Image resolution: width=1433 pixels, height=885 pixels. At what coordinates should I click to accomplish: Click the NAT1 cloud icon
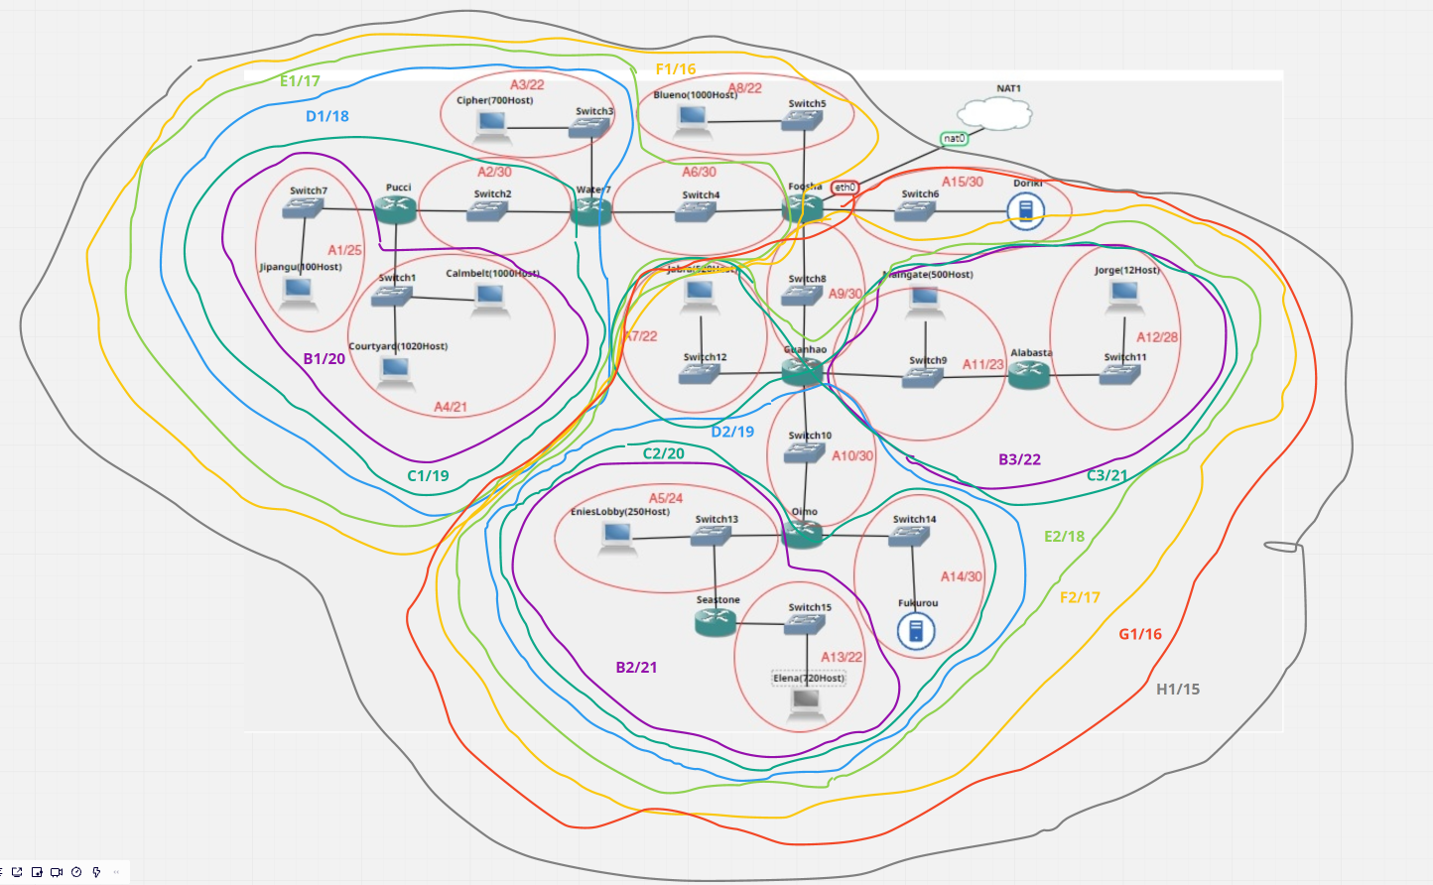995,114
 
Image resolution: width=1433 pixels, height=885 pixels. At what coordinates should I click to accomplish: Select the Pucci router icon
396,208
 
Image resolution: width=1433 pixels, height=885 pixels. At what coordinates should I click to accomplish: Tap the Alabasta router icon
1029,374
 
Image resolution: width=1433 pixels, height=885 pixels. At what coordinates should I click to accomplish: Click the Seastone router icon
716,622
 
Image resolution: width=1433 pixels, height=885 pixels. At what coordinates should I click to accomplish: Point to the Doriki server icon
1025,210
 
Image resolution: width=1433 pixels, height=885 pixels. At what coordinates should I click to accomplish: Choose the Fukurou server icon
916,630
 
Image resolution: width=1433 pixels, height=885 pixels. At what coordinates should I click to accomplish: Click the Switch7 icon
302,207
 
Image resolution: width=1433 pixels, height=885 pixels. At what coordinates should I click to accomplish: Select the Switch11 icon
1120,374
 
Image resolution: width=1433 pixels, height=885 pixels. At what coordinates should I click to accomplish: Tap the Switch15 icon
805,625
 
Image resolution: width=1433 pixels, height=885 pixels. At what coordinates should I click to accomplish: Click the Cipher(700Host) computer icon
491,125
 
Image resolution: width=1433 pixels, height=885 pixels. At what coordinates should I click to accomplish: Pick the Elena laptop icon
806,701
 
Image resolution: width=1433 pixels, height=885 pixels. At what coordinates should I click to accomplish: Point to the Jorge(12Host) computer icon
1124,293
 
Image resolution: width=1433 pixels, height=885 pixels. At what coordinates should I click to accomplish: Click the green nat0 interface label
954,139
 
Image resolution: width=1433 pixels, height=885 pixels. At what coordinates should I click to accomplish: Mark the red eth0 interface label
845,187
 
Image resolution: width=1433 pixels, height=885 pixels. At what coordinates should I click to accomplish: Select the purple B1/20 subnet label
325,359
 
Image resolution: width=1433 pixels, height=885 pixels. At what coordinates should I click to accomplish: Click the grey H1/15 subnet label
1178,690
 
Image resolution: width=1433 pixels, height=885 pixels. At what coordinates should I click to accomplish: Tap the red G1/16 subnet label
1140,634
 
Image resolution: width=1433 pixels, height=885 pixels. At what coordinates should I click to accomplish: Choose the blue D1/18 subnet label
327,116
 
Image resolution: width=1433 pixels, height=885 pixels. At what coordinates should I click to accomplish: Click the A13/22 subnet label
842,657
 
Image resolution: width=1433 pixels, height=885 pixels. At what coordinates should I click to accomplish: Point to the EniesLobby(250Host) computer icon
616,537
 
